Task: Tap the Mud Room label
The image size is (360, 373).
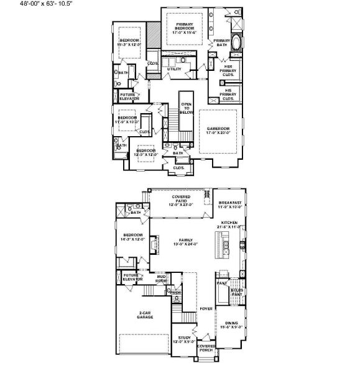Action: pyautogui.click(x=162, y=280)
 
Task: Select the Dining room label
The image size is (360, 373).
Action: pyautogui.click(x=231, y=325)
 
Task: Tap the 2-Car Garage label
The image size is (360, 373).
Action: pyautogui.click(x=145, y=315)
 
